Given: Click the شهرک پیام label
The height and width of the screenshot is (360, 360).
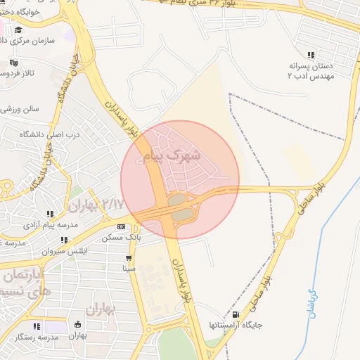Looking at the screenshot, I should click(172, 155).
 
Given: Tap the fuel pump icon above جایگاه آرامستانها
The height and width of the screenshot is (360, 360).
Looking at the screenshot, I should click(234, 314).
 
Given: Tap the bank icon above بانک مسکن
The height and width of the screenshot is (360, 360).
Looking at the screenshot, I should click(122, 227).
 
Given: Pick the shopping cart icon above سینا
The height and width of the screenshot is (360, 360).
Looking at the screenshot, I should click(128, 257).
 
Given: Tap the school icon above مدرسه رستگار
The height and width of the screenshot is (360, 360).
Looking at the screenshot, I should click(37, 326).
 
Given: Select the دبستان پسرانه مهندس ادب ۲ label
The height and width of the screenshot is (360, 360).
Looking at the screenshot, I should click(310, 71).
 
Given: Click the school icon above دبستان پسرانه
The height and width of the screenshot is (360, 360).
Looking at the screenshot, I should click(311, 55).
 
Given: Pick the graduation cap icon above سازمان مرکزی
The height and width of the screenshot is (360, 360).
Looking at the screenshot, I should click(18, 30).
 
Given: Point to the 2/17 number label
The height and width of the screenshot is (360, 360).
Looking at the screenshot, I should click(112, 203).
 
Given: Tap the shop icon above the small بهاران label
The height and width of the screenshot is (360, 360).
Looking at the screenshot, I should click(77, 325).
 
